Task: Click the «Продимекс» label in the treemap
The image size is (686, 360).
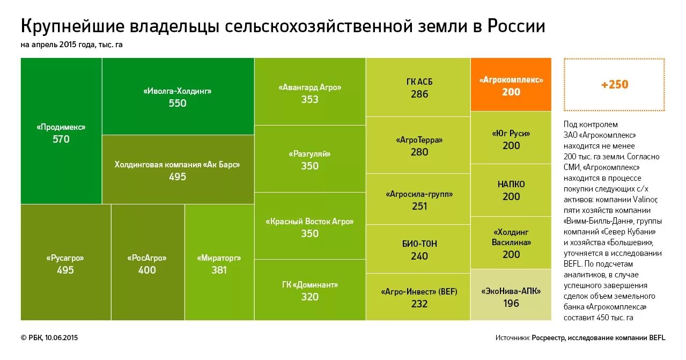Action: point(61,127)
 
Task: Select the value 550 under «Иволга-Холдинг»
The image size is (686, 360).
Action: point(178,103)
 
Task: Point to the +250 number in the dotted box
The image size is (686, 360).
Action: point(615,85)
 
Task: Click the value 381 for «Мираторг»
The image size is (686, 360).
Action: point(219,270)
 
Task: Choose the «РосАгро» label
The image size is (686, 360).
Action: point(147,258)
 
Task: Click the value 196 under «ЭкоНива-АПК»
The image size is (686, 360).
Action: point(511,303)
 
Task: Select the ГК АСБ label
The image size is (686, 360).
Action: point(419,82)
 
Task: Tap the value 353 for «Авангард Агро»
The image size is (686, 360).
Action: point(310,99)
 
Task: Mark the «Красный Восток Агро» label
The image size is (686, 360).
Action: point(310,222)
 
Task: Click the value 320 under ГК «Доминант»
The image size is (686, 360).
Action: point(310,297)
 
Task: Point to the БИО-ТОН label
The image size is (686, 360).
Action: point(419,244)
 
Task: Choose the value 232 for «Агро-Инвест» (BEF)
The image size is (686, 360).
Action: point(419,304)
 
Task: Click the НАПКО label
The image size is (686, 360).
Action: point(511,184)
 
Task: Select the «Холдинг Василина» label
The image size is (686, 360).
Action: point(511,237)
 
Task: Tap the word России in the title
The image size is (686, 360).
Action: point(516,26)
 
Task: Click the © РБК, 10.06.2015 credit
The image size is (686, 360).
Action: point(49,337)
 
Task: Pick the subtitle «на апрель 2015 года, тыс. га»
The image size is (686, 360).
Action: point(72,45)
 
